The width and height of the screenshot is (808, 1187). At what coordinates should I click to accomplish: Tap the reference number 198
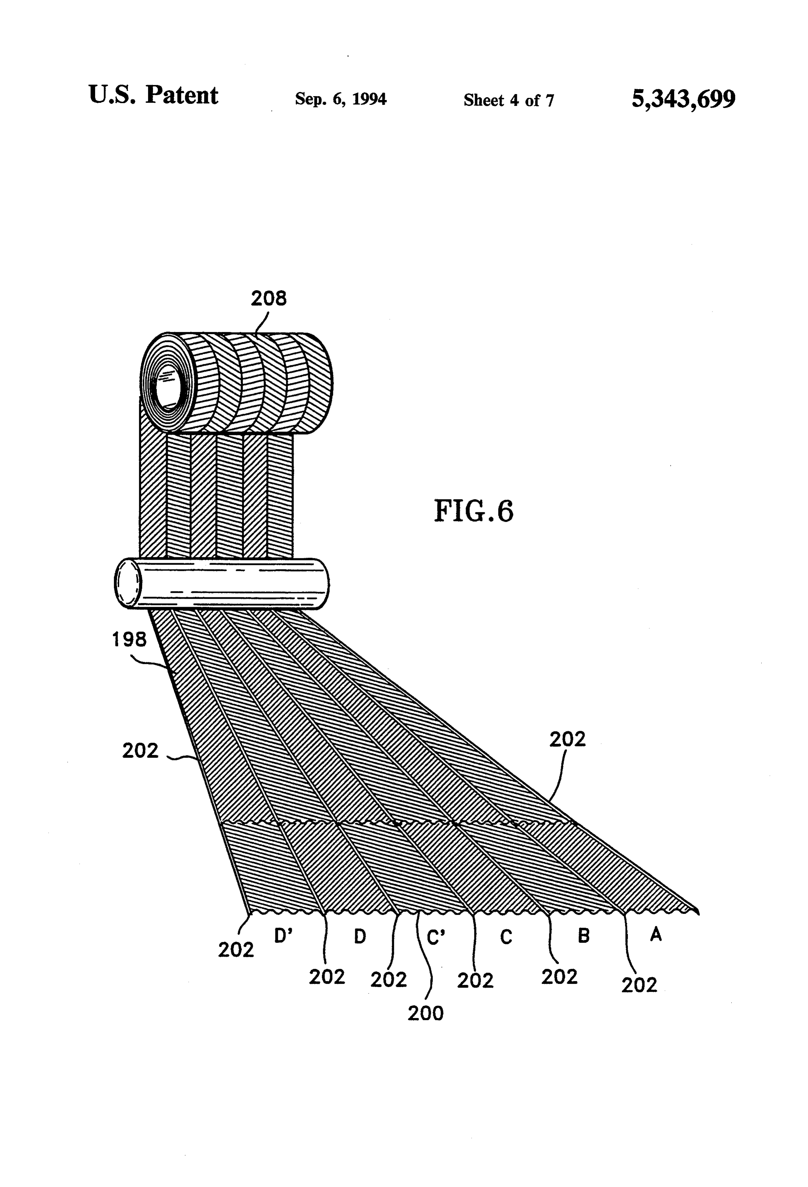pyautogui.click(x=129, y=639)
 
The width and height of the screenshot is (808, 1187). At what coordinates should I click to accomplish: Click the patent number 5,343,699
pyautogui.click(x=683, y=99)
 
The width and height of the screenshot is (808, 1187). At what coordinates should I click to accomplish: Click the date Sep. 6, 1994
pyautogui.click(x=341, y=99)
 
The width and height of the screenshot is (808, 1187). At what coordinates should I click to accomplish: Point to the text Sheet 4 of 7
pyautogui.click(x=509, y=100)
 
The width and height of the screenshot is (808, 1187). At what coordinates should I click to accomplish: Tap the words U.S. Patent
pyautogui.click(x=153, y=95)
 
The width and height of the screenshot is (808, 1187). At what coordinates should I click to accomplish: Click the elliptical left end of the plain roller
pyautogui.click(x=128, y=583)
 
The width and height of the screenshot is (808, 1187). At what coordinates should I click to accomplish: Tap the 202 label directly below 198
pyautogui.click(x=140, y=750)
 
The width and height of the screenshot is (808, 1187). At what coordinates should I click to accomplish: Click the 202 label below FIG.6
pyautogui.click(x=567, y=739)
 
